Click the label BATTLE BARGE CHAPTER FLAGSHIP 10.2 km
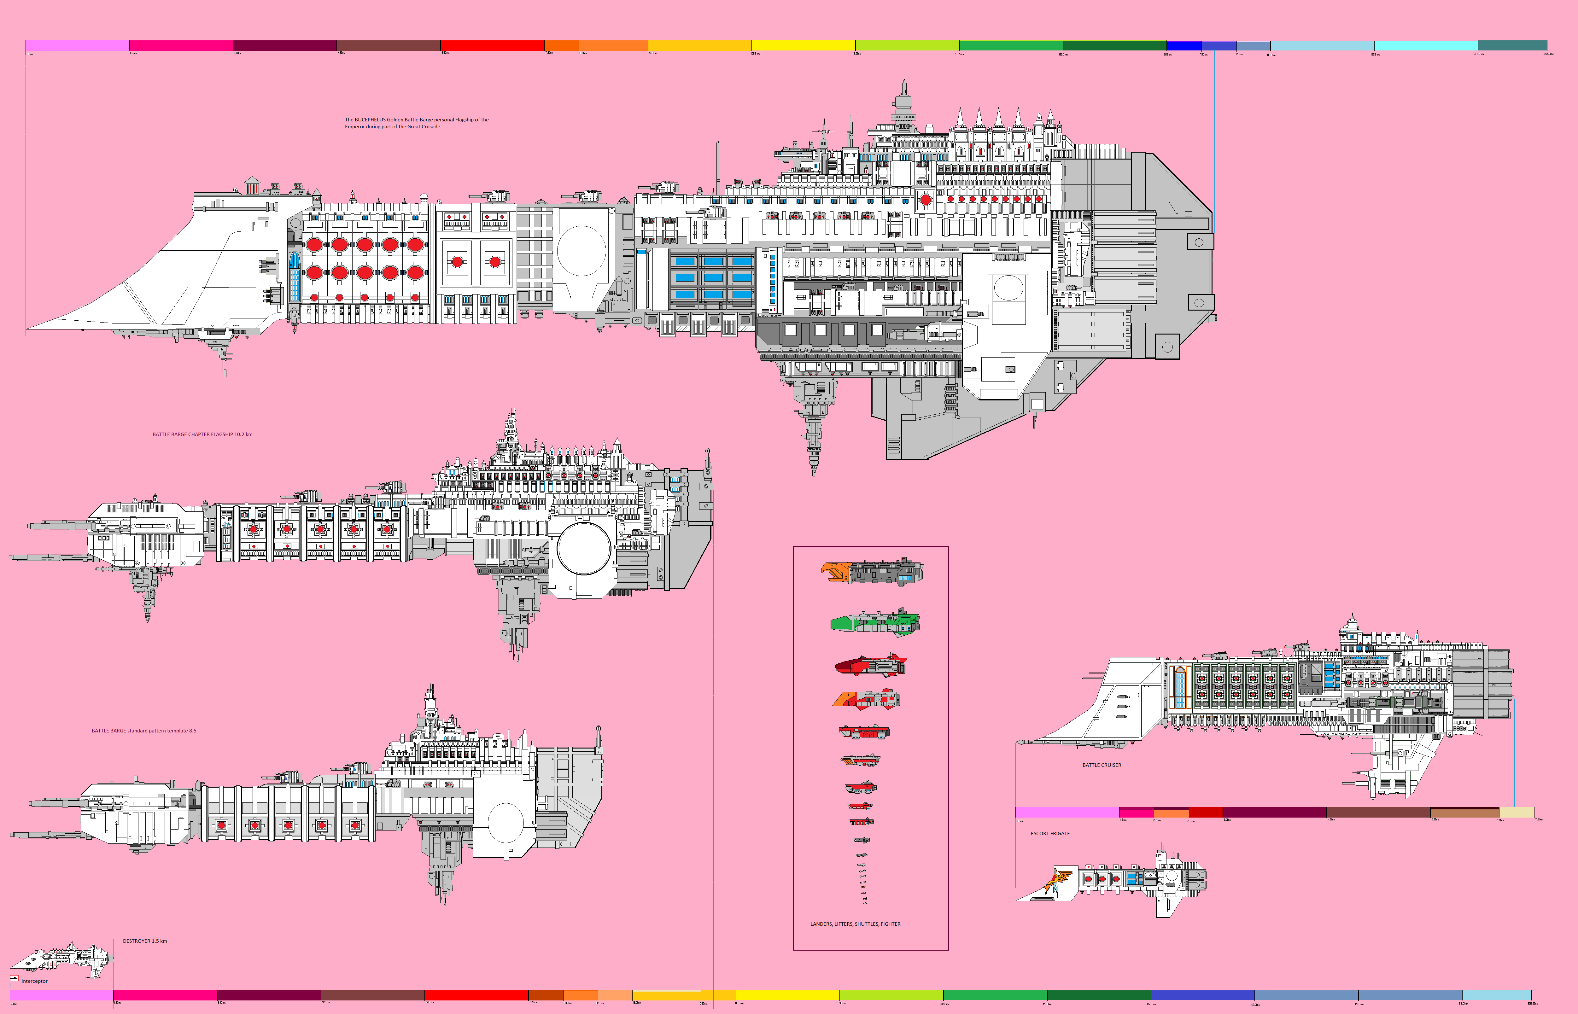202,434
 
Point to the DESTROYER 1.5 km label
145,941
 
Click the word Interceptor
34,981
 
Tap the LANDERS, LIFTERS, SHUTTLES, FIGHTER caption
855,924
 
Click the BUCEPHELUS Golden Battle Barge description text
416,123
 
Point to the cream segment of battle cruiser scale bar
1516,813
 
